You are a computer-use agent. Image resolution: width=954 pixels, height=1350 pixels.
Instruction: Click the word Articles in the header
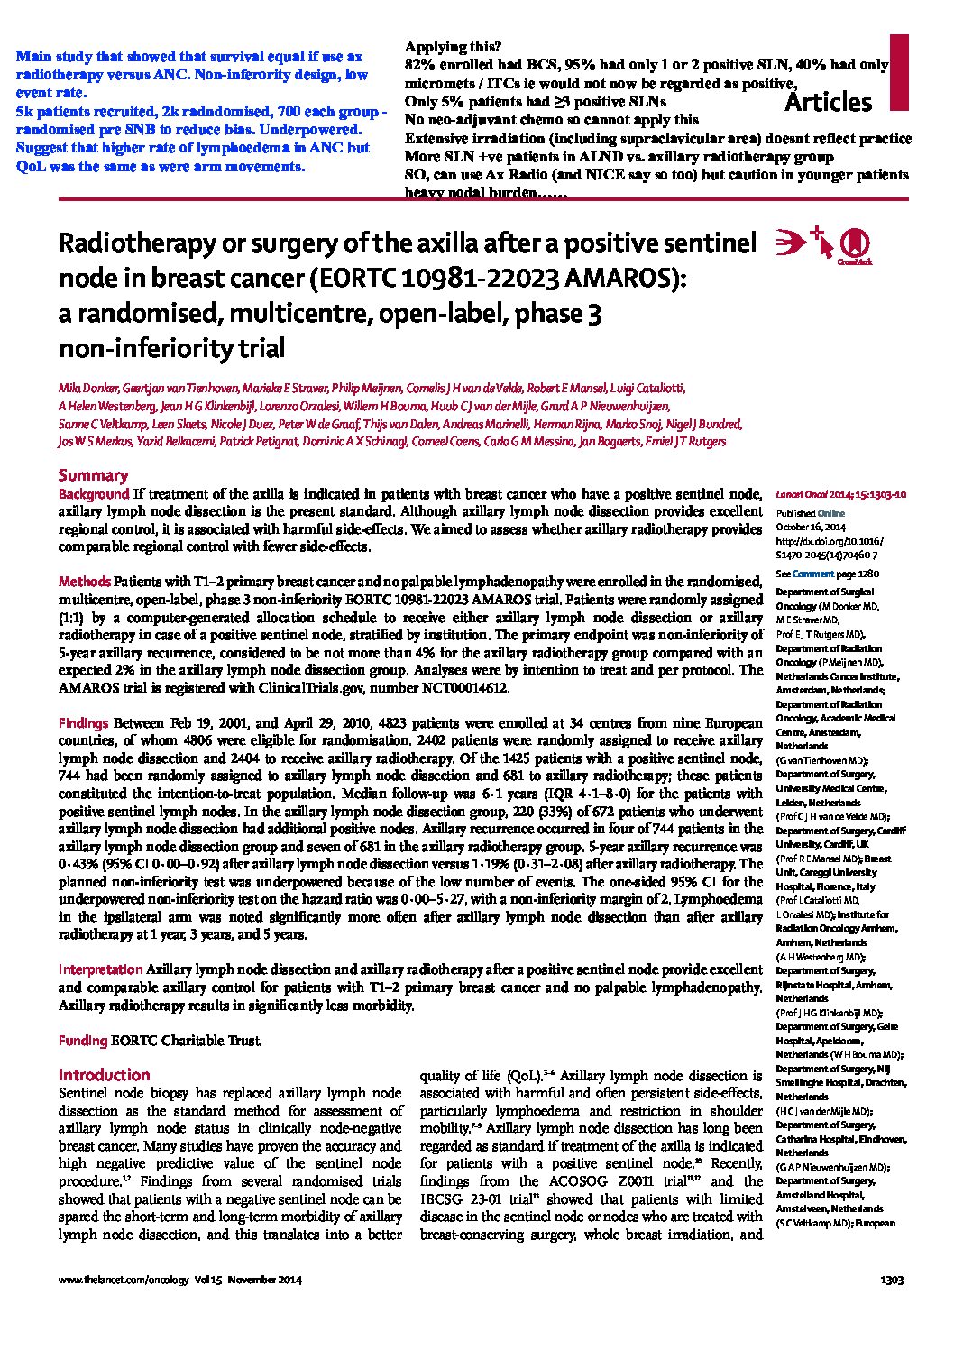click(x=829, y=102)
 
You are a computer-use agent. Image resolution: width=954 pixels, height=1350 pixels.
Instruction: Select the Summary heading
click(x=93, y=475)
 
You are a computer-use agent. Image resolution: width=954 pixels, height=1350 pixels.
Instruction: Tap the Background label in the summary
click(x=94, y=494)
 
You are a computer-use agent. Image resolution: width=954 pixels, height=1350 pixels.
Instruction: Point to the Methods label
click(x=85, y=582)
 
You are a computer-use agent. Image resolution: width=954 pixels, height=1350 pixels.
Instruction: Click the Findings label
click(x=84, y=723)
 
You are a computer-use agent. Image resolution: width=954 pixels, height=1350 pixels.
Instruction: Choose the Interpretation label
click(x=100, y=969)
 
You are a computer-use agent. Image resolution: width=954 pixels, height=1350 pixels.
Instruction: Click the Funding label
click(x=82, y=1040)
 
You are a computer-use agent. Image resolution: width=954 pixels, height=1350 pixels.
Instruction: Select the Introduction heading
click(x=104, y=1075)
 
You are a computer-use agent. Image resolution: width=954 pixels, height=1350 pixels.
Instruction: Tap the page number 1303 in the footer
click(x=892, y=1280)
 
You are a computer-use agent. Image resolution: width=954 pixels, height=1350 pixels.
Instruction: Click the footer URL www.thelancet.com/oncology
click(x=118, y=1280)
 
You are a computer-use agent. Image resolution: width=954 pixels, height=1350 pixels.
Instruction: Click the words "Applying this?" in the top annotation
click(x=454, y=46)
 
